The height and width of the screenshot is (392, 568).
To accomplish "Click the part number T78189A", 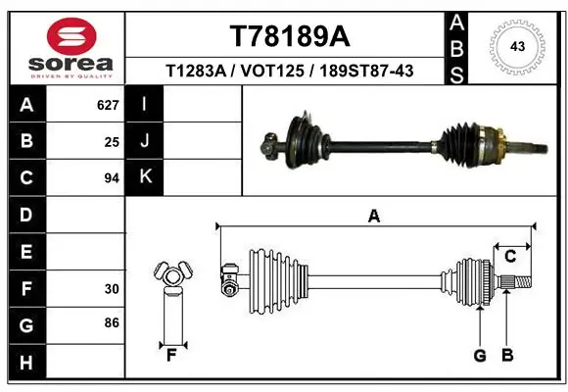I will click(289, 36).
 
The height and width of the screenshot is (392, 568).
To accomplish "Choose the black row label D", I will click(25, 215).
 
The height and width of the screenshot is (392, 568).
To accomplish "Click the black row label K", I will click(145, 177).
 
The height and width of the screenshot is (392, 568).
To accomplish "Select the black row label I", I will click(145, 104).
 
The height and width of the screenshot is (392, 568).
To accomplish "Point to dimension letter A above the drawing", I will click(373, 217).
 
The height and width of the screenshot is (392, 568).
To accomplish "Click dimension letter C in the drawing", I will click(510, 257).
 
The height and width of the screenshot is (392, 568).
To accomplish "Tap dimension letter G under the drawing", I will click(480, 356).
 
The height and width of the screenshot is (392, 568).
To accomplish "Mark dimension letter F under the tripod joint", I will click(170, 355).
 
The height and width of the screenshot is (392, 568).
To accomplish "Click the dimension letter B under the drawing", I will click(507, 356).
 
